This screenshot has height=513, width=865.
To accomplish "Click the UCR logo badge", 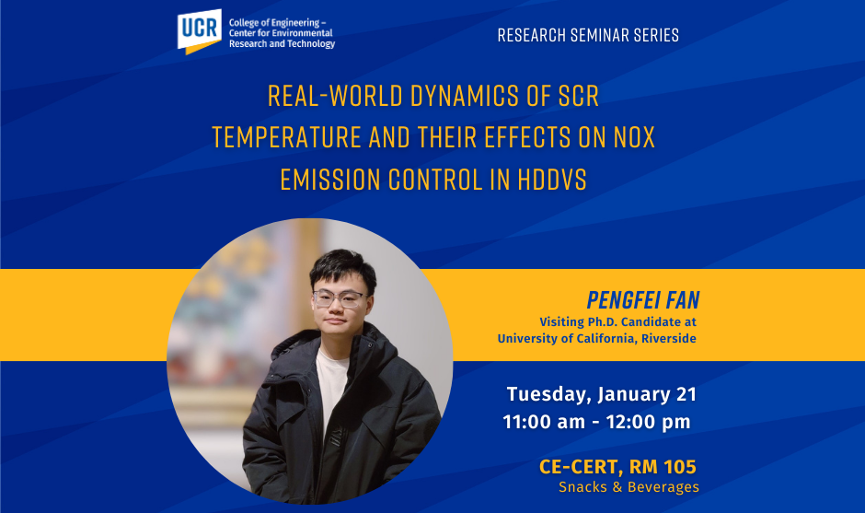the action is point(199,31).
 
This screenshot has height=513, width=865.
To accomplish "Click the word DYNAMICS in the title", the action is point(465,96).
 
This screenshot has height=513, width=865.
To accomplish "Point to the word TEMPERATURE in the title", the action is point(287,137).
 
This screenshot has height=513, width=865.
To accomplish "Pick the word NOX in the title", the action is point(634,137).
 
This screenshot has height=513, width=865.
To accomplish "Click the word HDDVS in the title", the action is point(551,180).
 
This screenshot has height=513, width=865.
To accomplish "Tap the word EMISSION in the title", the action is point(330,180).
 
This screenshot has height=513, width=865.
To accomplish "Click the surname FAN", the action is point(683,300).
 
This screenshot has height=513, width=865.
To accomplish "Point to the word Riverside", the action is point(669,339).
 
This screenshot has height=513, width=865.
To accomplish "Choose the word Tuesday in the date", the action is point(549,395).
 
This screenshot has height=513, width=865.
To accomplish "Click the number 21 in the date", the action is point(686,394).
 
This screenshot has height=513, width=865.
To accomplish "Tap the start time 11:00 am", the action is point(544,422).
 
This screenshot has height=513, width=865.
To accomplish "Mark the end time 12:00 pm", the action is point(648,422).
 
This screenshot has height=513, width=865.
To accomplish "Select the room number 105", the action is point(680,467).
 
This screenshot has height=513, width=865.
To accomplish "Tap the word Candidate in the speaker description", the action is point(651,322).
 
